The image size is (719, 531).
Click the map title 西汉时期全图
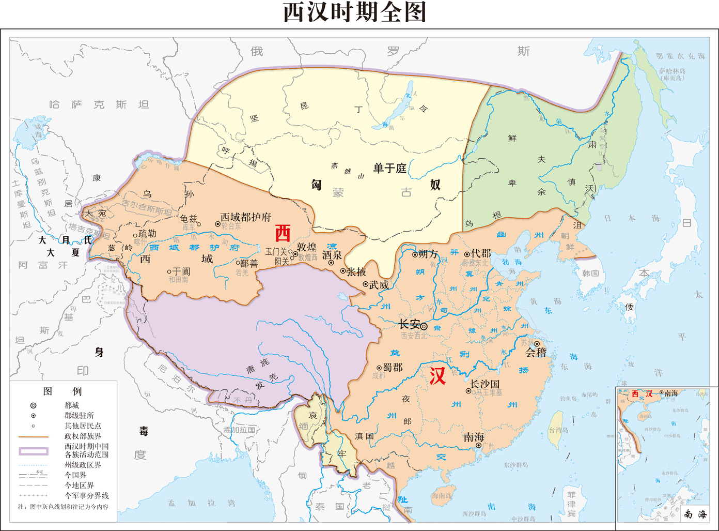click(x=355, y=12)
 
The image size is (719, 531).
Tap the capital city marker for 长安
click(x=424, y=327)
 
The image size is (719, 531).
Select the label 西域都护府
click(x=246, y=217)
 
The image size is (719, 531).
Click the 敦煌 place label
click(x=307, y=247)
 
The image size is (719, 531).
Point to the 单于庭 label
click(x=390, y=169)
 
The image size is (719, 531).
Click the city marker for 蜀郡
click(x=379, y=368)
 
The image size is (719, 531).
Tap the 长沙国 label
click(x=485, y=384)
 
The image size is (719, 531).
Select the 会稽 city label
click(x=536, y=353)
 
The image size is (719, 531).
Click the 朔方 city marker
click(x=415, y=254)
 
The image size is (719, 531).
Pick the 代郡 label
click(x=481, y=253)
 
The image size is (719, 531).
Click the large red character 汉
click(x=437, y=376)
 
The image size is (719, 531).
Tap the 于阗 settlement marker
click(x=169, y=271)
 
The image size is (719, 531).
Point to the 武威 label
click(x=379, y=285)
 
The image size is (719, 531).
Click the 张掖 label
click(x=356, y=272)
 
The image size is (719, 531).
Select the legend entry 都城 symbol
click(x=33, y=406)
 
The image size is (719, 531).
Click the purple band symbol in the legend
click(x=34, y=451)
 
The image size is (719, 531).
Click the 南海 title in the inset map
click(x=695, y=514)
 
